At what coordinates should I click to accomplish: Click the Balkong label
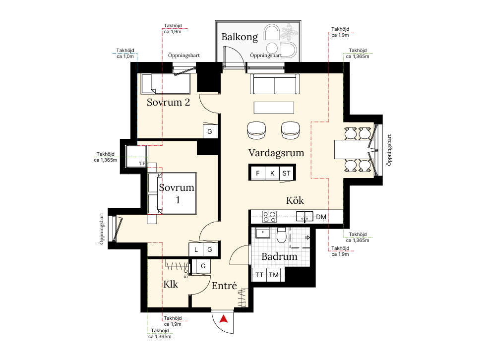point(240,37)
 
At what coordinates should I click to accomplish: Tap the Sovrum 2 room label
point(168,102)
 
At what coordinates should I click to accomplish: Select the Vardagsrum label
point(276,153)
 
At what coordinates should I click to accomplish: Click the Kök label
point(295,200)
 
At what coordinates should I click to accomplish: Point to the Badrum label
point(279,256)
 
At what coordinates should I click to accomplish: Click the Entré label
point(224,286)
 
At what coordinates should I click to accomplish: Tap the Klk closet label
point(171,284)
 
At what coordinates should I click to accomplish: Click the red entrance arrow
point(223,319)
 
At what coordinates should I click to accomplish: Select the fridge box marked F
point(257,173)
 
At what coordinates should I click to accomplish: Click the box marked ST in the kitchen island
point(286,173)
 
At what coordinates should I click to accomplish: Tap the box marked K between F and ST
point(272,173)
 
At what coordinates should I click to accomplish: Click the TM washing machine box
point(274,275)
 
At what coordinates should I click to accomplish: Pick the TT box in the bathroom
point(259,275)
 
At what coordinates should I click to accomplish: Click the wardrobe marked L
point(196,250)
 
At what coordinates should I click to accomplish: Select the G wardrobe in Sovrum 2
point(210,132)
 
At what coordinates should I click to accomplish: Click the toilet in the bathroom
point(281,235)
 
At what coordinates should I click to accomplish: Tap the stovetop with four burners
point(269,217)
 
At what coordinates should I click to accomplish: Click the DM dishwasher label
point(321,217)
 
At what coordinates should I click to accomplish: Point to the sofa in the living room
point(275,84)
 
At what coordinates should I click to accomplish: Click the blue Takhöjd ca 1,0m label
point(125,54)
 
